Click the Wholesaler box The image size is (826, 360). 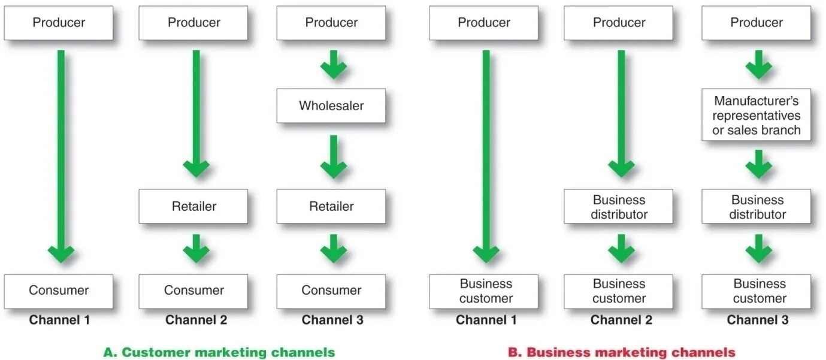(331, 106)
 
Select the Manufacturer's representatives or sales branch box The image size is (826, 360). (756, 116)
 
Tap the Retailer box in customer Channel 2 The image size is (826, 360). (193, 207)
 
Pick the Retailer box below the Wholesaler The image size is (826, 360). (331, 207)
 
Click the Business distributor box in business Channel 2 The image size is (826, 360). (619, 207)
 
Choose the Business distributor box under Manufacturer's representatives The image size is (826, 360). (757, 207)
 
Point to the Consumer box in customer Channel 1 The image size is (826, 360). (59, 291)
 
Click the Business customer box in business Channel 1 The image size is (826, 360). (485, 291)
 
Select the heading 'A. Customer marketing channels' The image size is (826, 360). (219, 352)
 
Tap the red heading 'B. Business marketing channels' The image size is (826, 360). (621, 352)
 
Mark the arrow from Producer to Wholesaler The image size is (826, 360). (334, 64)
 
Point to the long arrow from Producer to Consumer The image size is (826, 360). (61, 156)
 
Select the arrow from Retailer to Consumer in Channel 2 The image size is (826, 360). (196, 248)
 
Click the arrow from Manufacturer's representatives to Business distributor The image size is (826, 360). (759, 164)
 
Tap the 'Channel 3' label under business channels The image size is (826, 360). (757, 320)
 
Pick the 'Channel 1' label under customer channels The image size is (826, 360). (59, 320)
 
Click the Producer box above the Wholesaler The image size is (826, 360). (331, 23)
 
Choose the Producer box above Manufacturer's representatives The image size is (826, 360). (757, 23)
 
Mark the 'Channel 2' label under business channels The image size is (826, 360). (621, 320)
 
